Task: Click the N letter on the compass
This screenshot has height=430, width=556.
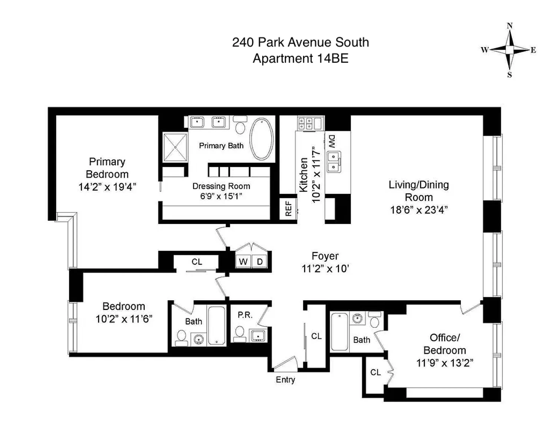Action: pyautogui.click(x=509, y=26)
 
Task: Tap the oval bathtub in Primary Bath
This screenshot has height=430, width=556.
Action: pyautogui.click(x=262, y=139)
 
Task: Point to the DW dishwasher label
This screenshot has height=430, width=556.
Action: pyautogui.click(x=332, y=142)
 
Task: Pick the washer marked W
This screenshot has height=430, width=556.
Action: pyautogui.click(x=243, y=261)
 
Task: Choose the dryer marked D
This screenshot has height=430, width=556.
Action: pyautogui.click(x=260, y=261)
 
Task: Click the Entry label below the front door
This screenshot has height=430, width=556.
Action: pyautogui.click(x=285, y=380)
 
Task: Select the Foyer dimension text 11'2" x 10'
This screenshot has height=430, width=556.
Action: pyautogui.click(x=325, y=269)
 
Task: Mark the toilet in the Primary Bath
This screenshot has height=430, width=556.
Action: pyautogui.click(x=240, y=125)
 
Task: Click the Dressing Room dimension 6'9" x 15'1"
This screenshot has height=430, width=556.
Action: pyautogui.click(x=221, y=196)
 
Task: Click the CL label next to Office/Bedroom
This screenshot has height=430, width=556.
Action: pyautogui.click(x=375, y=372)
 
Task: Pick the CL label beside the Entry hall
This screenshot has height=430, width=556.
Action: pyautogui.click(x=316, y=336)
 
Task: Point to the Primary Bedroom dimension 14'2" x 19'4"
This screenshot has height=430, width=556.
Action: pyautogui.click(x=107, y=187)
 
